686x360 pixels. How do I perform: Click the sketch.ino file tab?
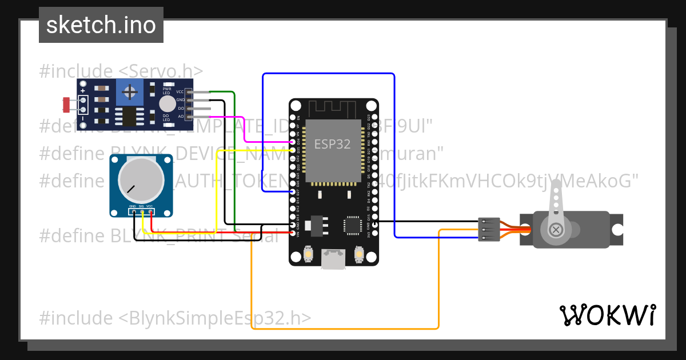coord(101,25)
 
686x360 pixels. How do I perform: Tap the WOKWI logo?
coord(607,315)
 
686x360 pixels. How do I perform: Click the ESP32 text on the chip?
coord(332,144)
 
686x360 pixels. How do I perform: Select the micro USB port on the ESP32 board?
coord(333,259)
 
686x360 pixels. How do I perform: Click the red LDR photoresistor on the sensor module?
coord(66,105)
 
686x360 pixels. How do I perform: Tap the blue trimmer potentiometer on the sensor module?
coord(130,92)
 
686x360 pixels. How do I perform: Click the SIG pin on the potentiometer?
coord(142,212)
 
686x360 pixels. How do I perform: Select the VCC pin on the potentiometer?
coord(150,212)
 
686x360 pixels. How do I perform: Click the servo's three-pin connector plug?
coord(489,229)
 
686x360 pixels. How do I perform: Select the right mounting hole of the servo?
coord(617,230)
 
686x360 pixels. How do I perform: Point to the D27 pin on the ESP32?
coord(293,192)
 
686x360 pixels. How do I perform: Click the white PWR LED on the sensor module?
coord(167,103)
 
